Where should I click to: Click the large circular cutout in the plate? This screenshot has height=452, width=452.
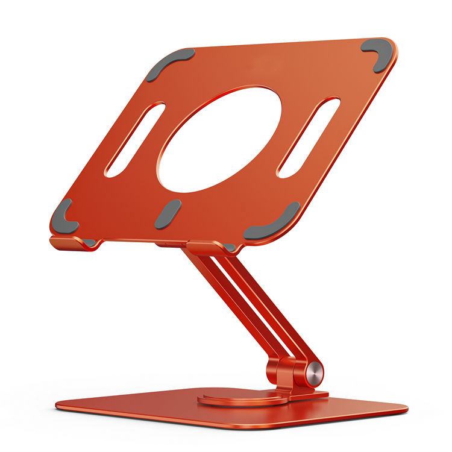(x=219, y=140)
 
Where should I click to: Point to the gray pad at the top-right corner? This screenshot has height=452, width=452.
(x=376, y=53)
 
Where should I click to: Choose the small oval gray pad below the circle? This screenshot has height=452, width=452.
(x=168, y=214)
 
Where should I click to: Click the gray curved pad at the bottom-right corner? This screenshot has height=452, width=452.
(x=274, y=224)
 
